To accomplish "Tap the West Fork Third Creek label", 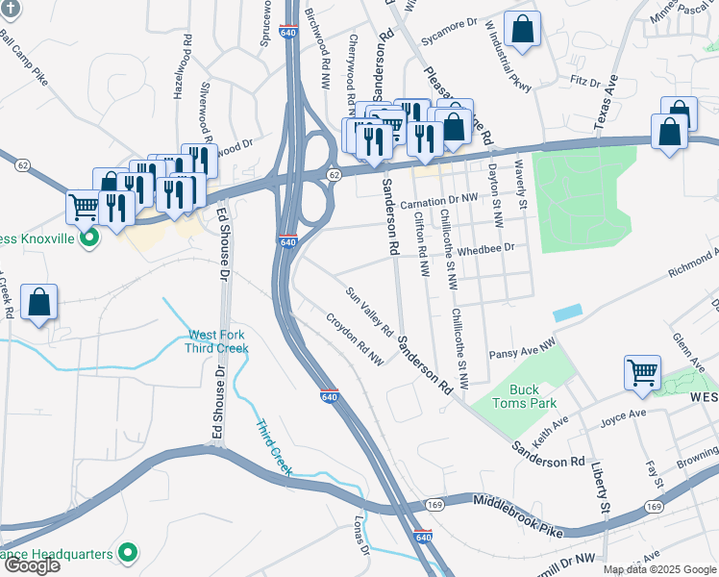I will tap(216, 341).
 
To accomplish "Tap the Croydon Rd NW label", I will tap(354, 340).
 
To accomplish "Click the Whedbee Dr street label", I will tap(486, 247).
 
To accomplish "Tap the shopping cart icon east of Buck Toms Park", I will tap(642, 371).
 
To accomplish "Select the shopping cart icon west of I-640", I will tap(84, 205).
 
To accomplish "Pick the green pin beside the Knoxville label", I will tap(90, 238).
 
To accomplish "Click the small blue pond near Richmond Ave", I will tap(567, 314).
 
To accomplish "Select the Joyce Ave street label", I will tap(624, 415).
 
